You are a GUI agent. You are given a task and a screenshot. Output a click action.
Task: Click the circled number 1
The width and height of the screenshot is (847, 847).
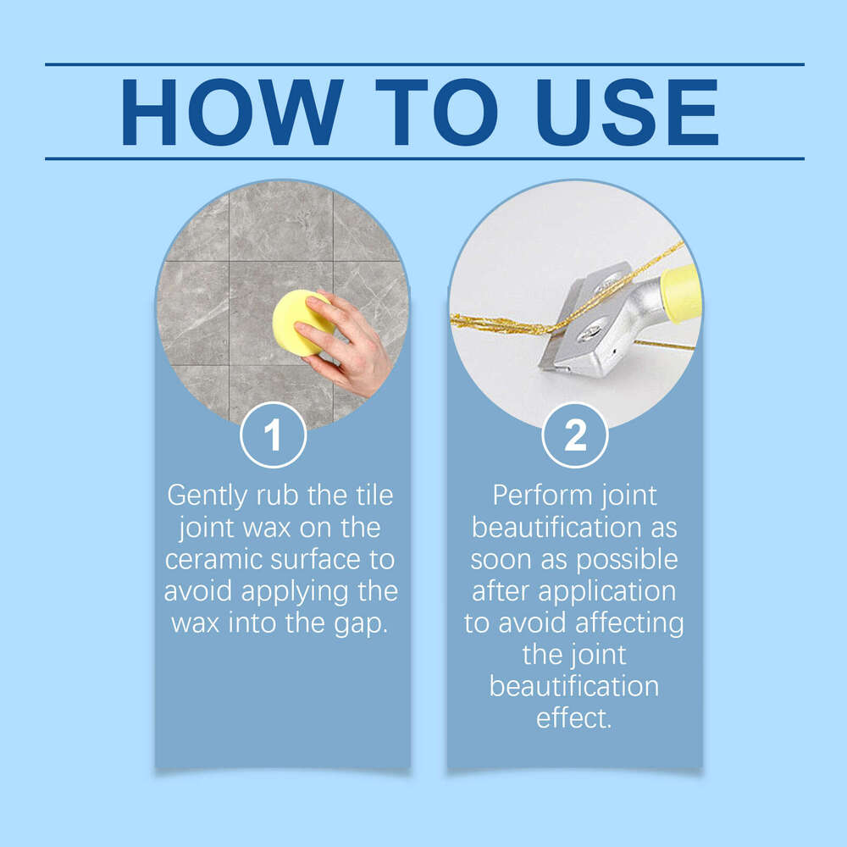(x=272, y=436)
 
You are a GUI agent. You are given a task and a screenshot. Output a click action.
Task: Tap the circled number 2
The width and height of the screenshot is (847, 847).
(x=574, y=436)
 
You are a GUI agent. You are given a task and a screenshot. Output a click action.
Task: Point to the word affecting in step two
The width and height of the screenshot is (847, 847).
(x=628, y=623)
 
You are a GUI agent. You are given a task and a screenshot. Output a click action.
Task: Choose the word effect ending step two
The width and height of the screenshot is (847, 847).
(x=573, y=718)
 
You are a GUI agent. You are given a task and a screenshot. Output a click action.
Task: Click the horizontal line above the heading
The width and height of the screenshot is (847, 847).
(x=423, y=64)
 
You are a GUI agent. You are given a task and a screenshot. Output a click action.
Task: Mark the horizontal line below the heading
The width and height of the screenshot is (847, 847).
(x=423, y=158)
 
